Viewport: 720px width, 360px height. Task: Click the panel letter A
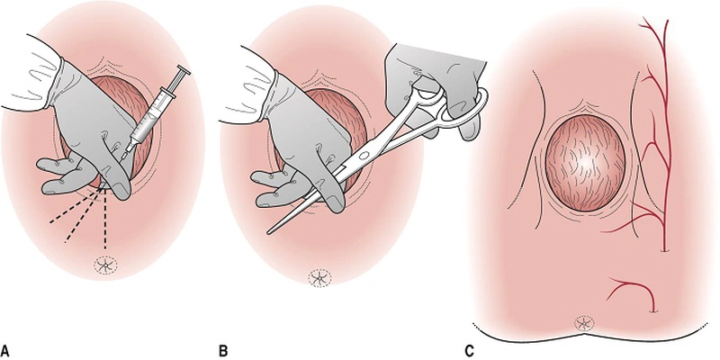point(6,346)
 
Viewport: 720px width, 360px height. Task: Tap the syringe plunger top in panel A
point(184,70)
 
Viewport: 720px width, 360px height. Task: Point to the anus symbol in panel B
point(317,277)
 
